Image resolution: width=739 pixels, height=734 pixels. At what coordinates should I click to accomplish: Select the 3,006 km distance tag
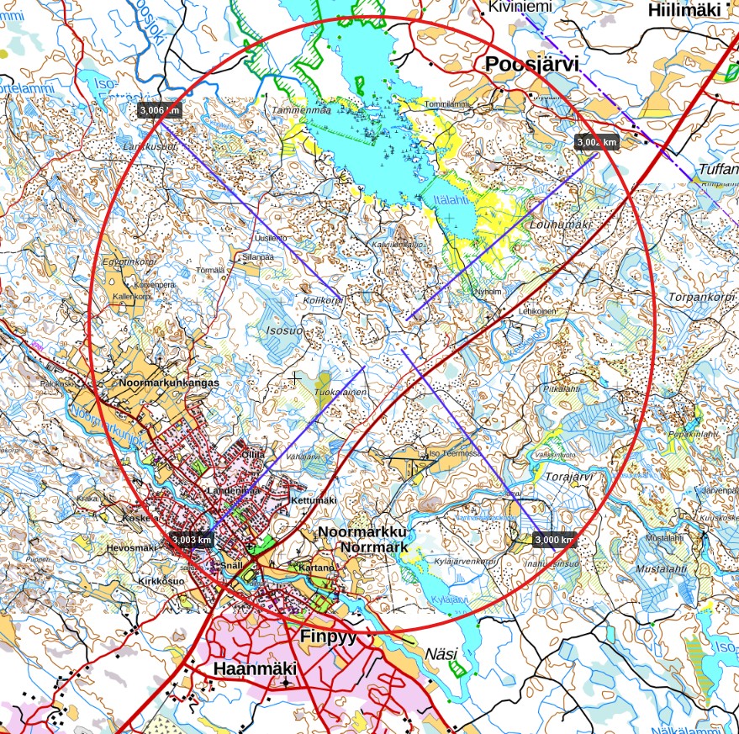click(159, 109)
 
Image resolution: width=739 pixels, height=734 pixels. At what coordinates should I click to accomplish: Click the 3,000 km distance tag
click(554, 540)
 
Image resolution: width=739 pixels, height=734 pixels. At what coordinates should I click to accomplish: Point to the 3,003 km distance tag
click(190, 539)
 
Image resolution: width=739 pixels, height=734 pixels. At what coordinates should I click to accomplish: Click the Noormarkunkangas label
click(169, 383)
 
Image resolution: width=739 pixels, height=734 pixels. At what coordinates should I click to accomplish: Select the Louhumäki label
click(561, 225)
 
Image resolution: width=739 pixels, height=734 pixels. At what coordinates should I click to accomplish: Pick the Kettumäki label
click(313, 500)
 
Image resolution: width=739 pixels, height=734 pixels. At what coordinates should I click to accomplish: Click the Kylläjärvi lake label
click(447, 599)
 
